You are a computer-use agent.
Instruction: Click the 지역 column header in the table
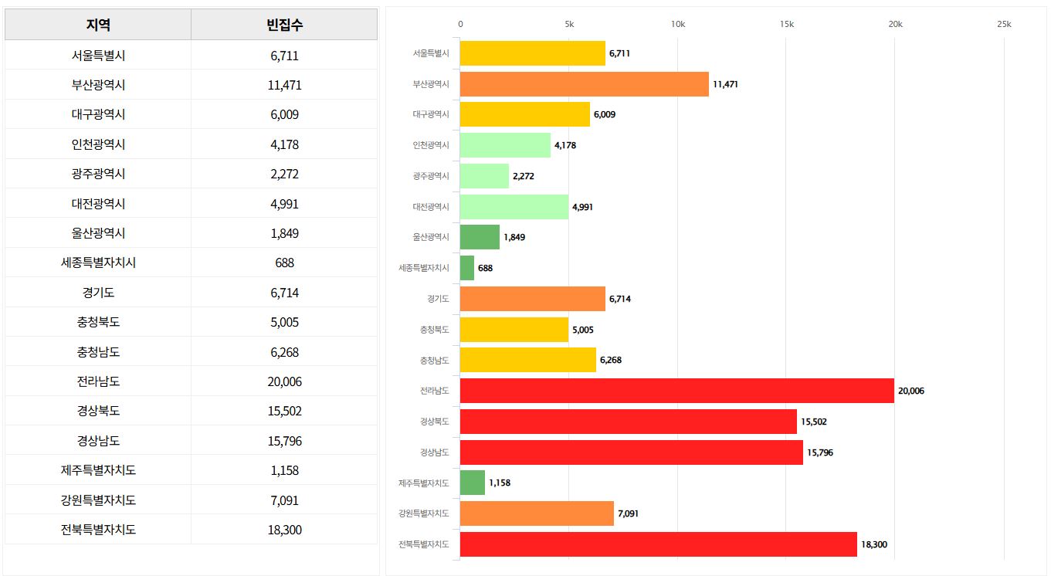98,25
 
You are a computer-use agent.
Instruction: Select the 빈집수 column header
284,25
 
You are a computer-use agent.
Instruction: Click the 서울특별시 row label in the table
98,56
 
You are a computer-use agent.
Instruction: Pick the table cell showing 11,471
284,85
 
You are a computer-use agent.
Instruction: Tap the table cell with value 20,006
284,381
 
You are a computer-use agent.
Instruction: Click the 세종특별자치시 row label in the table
98,263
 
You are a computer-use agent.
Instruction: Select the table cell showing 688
284,263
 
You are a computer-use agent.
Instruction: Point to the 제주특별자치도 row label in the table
98,470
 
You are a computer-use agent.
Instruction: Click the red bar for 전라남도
676,391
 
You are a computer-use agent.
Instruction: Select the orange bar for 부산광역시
584,84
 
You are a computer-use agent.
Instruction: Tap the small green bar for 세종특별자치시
467,268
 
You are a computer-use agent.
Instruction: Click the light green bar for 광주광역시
484,176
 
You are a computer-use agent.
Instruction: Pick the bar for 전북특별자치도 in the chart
658,544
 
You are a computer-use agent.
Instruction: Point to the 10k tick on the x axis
678,25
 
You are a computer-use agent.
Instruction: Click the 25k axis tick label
1004,25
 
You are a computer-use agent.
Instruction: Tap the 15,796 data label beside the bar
820,452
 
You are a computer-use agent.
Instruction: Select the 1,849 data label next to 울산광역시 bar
514,237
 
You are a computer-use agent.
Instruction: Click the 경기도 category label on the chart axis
437,299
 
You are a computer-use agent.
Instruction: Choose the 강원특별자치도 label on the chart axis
423,513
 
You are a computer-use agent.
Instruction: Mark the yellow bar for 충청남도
527,360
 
